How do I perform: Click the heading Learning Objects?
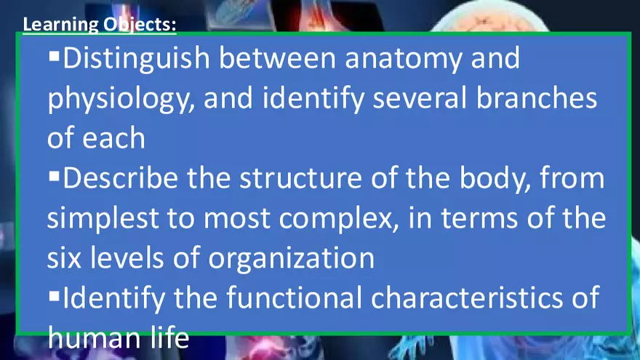100,25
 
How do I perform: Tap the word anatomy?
403,58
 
